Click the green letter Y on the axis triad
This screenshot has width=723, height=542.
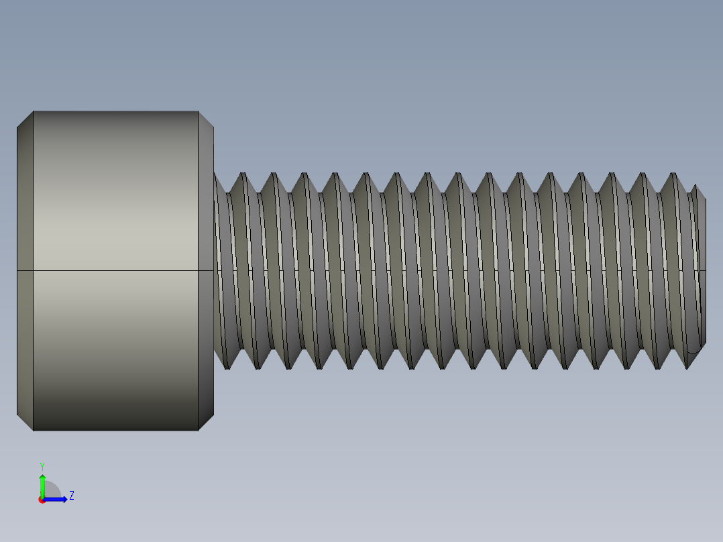42,466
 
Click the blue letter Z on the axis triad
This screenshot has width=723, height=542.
71,496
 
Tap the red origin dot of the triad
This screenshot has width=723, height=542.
42,500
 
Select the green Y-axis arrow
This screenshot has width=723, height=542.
42,484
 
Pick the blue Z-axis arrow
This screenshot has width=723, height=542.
58,499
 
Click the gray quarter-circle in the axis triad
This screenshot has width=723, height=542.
52,490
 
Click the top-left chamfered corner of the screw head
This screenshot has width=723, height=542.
25,119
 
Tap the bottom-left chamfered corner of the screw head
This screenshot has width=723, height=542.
25,423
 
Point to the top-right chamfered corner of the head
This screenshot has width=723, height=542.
206,119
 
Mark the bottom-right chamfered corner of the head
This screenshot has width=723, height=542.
206,423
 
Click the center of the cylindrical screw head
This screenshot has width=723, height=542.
115,270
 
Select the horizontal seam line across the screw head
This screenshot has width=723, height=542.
115,270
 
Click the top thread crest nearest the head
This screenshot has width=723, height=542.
243,174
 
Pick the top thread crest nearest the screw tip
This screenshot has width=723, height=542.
673,174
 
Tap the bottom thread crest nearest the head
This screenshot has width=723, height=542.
227,367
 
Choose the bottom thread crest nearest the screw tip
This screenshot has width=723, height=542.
687,367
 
